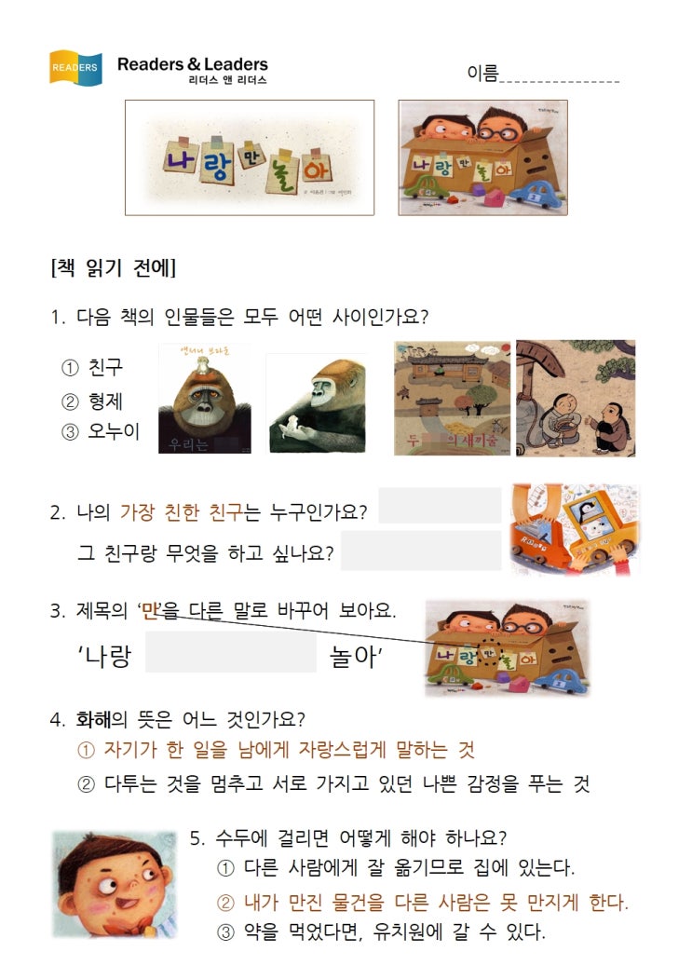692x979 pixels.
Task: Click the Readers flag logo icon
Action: tap(75, 67)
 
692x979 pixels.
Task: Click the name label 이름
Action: tap(482, 73)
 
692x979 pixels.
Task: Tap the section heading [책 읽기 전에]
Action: tap(113, 268)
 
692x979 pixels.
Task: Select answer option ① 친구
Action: tap(92, 367)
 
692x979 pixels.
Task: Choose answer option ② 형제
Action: tap(92, 401)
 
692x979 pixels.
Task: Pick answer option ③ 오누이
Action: tap(101, 431)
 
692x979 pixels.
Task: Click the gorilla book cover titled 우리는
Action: tap(205, 399)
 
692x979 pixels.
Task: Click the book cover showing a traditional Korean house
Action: tap(452, 398)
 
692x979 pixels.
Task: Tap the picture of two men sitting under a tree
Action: tap(576, 398)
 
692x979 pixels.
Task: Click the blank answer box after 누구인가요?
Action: tap(440, 505)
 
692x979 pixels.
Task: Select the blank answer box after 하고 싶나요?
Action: tap(421, 551)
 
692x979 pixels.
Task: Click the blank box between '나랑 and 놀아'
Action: tap(231, 652)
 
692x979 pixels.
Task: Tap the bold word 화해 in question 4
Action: tap(93, 719)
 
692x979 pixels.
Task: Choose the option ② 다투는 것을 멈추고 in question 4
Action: tap(333, 783)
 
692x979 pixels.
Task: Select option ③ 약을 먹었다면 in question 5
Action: tap(381, 932)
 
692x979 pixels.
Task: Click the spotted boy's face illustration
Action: tap(115, 884)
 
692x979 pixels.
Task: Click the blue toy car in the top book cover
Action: tap(539, 193)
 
